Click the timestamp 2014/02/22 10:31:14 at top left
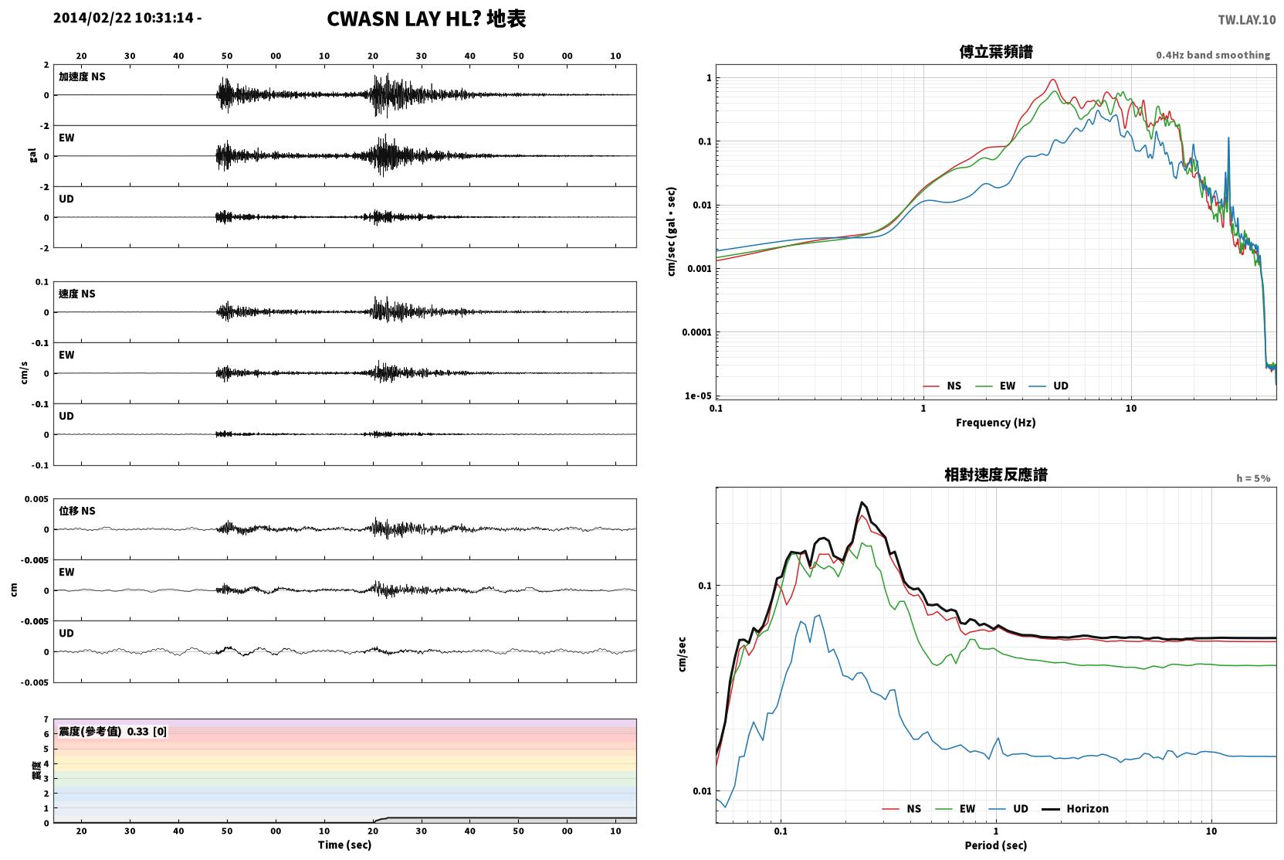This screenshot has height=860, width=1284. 124,18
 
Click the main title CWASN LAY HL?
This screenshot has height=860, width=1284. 404,19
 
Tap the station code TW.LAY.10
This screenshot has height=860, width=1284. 1247,20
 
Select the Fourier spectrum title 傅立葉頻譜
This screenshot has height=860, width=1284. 996,53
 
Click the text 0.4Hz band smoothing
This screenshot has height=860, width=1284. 1213,55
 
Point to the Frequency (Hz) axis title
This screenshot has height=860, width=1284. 996,423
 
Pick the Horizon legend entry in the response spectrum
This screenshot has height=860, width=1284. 1075,809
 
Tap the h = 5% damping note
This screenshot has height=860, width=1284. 1253,478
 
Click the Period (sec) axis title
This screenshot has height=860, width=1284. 996,845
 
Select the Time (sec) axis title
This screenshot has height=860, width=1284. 344,845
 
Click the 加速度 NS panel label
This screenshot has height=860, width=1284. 82,76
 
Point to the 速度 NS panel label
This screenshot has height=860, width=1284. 76,294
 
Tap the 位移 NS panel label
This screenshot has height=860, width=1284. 76,511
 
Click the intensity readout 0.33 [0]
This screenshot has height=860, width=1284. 147,732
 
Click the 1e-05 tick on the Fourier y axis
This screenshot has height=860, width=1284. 698,396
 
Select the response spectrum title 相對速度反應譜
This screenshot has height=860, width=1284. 996,475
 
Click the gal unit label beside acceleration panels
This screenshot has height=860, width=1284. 33,155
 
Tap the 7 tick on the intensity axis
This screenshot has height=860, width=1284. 46,719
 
